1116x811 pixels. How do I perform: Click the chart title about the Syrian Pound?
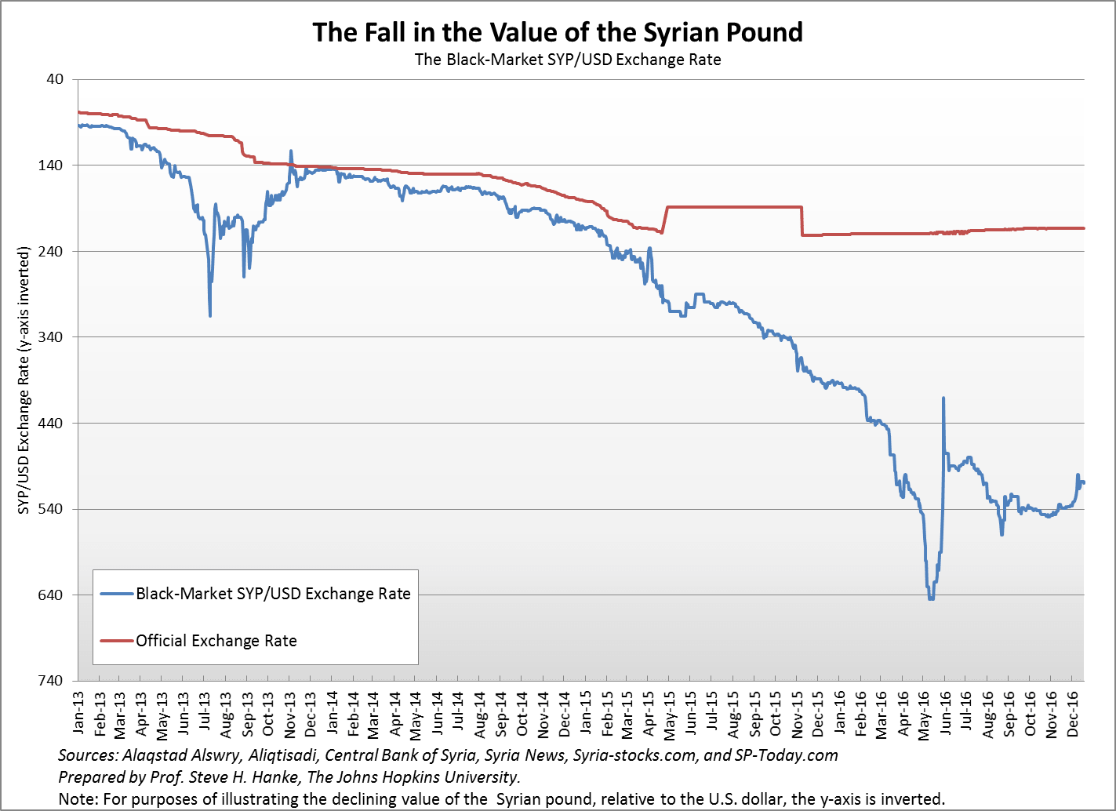[558, 32]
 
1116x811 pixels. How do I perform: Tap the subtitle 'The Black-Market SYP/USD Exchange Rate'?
[567, 60]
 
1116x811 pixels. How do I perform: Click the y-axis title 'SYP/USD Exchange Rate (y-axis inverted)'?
[24, 380]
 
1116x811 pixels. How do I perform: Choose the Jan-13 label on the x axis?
[78, 713]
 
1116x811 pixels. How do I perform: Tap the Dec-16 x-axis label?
[1074, 713]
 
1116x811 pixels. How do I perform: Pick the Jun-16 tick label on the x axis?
[946, 713]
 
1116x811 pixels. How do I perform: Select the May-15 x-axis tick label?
[671, 713]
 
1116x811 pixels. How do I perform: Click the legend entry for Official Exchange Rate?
[216, 641]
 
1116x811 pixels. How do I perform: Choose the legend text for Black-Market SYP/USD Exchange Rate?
[273, 594]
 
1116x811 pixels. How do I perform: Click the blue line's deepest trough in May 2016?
[931, 598]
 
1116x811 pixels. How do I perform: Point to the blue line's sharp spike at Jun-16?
[943, 398]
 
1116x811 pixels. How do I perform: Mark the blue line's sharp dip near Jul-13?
[210, 315]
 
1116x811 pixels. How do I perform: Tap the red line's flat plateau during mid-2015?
[733, 207]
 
